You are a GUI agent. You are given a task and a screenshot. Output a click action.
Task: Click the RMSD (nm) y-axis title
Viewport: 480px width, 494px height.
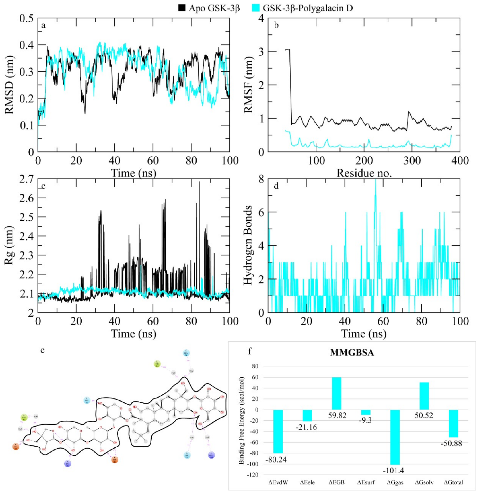coord(10,85)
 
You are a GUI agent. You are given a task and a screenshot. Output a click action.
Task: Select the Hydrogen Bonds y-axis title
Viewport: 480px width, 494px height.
coord(248,245)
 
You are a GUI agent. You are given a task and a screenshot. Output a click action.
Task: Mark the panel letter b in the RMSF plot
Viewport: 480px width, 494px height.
coord(276,25)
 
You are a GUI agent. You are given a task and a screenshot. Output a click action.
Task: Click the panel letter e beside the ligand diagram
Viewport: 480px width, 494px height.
coord(42,350)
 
